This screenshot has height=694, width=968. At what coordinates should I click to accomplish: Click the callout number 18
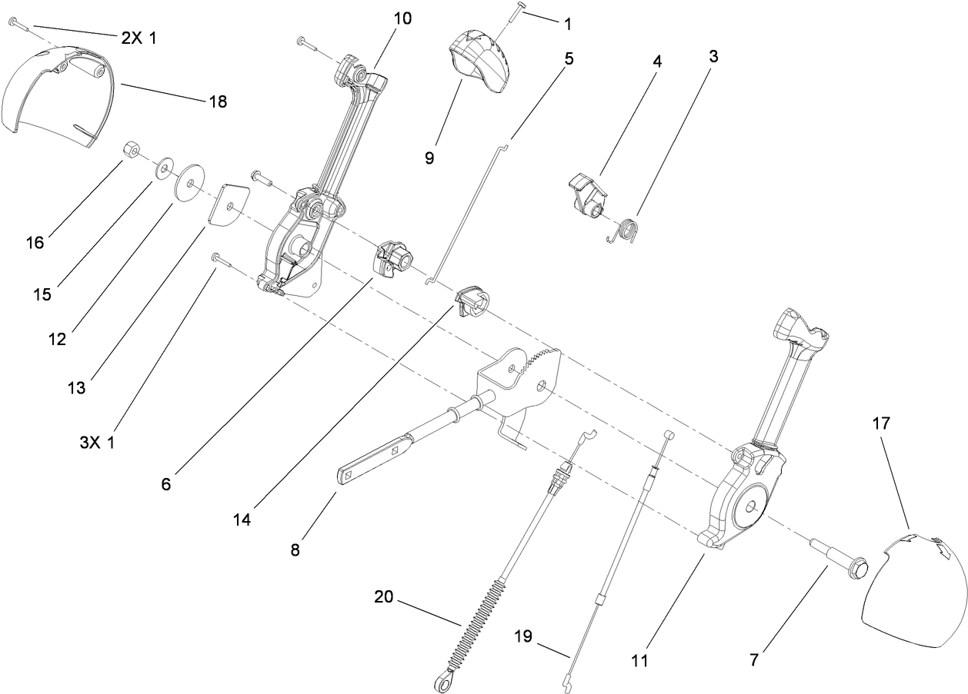tap(218, 101)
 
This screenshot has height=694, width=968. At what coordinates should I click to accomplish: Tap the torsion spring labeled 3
tap(625, 231)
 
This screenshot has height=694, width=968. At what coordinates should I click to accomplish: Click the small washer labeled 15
tap(164, 168)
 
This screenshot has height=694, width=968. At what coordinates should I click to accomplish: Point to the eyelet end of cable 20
tap(441, 680)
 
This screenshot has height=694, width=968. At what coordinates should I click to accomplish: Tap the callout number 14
tap(242, 520)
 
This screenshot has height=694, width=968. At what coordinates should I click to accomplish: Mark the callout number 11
tap(639, 660)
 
